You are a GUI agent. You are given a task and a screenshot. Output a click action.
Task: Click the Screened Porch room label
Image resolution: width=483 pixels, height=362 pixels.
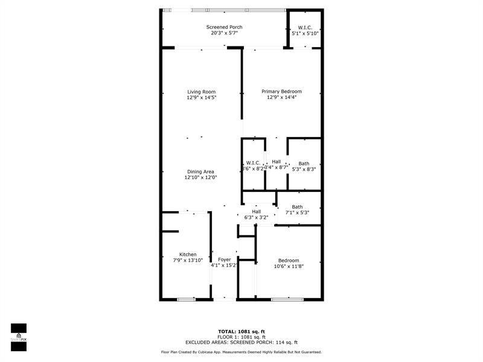(225, 27)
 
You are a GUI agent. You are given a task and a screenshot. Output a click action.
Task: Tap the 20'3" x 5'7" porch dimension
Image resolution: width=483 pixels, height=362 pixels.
(225, 33)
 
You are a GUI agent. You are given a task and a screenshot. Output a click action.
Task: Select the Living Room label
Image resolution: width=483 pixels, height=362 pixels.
(201, 92)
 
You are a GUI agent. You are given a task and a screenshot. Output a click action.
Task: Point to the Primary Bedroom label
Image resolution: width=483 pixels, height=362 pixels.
(281, 92)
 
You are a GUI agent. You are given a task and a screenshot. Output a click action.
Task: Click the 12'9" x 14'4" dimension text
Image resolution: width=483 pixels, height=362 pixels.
(281, 98)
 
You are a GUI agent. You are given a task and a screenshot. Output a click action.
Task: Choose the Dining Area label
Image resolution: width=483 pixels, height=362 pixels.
(200, 172)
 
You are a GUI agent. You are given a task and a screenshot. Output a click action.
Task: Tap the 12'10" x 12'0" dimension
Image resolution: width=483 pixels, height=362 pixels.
(200, 178)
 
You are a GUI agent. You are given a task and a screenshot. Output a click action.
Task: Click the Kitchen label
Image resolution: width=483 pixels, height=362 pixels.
(188, 255)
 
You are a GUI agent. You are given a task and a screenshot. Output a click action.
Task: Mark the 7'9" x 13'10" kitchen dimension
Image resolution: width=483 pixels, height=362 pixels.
(188, 261)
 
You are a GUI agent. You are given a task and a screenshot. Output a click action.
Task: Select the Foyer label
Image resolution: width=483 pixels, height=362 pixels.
(225, 259)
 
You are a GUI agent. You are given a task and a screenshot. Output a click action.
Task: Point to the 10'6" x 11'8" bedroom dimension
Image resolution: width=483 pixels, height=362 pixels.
(288, 266)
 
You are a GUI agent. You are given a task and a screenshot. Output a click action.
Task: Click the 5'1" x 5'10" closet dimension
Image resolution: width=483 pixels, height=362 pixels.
(305, 33)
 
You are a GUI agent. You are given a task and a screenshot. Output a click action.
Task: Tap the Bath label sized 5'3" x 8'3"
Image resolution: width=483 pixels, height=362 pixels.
(304, 164)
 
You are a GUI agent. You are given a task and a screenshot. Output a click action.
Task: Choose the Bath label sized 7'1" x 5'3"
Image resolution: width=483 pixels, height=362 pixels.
(297, 207)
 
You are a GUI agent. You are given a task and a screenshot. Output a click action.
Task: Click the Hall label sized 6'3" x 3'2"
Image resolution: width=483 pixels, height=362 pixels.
(257, 212)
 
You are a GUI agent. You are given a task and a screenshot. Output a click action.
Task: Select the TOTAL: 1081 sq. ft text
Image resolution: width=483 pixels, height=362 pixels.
(241, 331)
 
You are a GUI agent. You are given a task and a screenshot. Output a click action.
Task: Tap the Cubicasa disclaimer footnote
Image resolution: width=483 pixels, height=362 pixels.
(241, 352)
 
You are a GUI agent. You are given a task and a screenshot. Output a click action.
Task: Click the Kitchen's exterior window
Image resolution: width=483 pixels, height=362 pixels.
(186, 299)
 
